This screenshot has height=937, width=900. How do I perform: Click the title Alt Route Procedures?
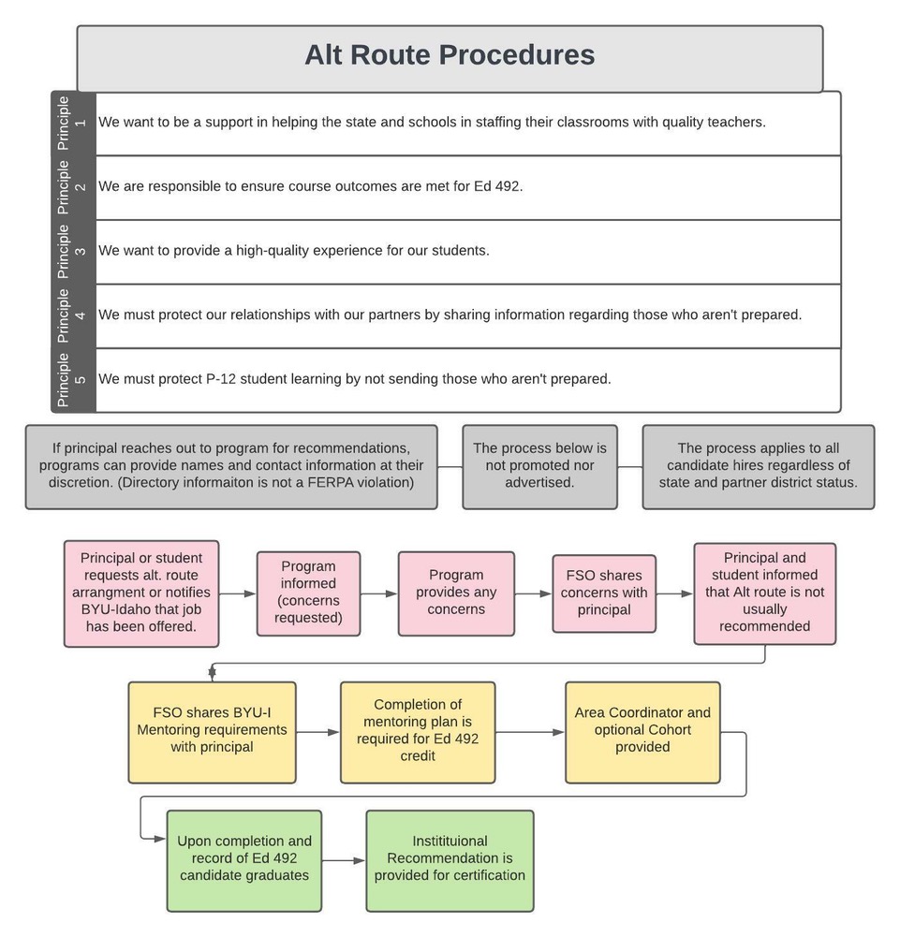tap(450, 55)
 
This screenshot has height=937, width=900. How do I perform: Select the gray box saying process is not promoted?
tap(539, 466)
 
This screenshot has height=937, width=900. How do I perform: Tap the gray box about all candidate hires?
tap(758, 466)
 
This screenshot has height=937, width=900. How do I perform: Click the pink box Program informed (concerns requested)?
tap(308, 593)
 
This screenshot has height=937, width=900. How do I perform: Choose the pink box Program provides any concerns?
tap(456, 593)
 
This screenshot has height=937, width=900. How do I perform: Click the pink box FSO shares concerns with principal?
tap(604, 593)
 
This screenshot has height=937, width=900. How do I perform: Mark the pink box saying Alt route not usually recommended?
tap(764, 593)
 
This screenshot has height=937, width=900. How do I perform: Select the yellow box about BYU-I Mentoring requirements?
tap(212, 731)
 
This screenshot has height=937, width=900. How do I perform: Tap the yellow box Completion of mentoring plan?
tap(418, 731)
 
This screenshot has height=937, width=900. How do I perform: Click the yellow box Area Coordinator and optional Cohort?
tap(642, 731)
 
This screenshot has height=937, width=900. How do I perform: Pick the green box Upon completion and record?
tap(244, 859)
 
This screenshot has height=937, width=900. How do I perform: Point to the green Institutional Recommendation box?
tap(450, 859)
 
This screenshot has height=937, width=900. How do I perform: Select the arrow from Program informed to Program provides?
tap(378, 593)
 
